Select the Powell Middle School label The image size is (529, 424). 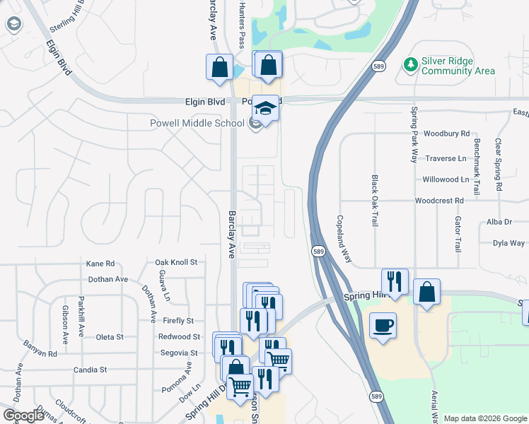(197, 123)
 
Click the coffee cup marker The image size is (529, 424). (383, 325)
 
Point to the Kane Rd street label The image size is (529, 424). (100, 263)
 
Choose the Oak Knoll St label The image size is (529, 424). (175, 262)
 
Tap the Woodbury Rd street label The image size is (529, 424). (446, 134)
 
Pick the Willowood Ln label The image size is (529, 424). (446, 179)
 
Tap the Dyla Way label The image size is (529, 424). (508, 243)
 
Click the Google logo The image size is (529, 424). (23, 416)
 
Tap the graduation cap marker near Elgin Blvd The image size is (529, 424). (265, 108)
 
